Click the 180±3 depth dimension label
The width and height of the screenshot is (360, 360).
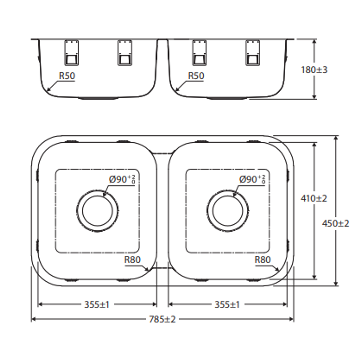tap(314, 70)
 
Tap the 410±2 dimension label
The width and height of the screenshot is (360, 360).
tap(314, 199)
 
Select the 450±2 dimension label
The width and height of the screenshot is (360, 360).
tap(335, 224)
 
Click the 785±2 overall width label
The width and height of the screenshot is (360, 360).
tap(162, 319)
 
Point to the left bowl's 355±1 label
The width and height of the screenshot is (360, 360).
tap(97, 304)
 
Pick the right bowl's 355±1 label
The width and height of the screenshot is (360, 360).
tap(227, 304)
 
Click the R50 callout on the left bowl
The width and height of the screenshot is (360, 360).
tap(67, 76)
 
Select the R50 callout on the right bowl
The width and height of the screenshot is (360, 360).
tap(196, 76)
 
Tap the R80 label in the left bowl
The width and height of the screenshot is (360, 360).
tap(133, 260)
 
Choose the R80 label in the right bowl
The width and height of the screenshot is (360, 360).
tap(263, 260)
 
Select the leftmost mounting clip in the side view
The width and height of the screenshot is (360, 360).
tap(71, 53)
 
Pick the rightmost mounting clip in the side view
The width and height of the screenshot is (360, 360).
tap(252, 53)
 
